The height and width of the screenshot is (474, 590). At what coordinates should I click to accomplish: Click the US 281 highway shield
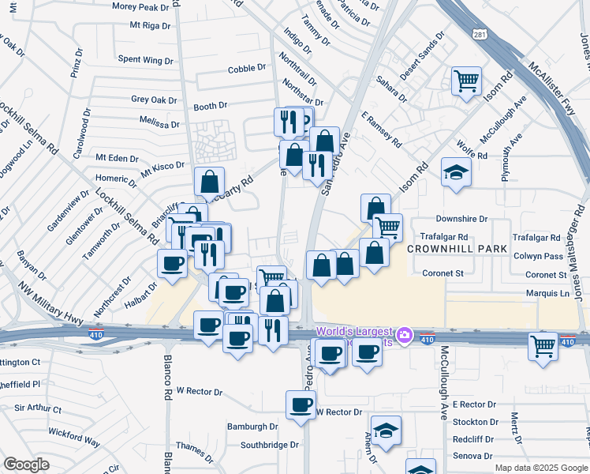[x=480, y=34]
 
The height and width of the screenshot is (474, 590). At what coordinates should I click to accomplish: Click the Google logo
[x=26, y=465]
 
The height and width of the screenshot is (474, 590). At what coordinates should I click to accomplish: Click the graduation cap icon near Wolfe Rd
[x=455, y=173]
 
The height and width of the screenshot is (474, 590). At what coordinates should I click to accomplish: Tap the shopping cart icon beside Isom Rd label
[x=466, y=80]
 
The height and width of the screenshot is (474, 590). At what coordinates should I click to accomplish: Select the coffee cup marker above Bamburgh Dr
[x=300, y=405]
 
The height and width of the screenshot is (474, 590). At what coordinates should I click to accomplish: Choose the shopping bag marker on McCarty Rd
[x=209, y=182]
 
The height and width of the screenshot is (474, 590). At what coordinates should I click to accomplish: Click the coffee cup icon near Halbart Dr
[x=172, y=264]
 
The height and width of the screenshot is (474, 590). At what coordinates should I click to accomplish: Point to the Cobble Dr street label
[x=245, y=70]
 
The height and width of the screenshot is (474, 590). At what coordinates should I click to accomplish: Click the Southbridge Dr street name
[x=269, y=445]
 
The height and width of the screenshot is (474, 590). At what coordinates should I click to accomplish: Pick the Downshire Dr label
[x=461, y=219]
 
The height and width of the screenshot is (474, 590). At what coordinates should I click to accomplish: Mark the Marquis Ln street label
[x=547, y=293]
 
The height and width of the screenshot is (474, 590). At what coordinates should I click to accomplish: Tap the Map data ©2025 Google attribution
[x=540, y=468]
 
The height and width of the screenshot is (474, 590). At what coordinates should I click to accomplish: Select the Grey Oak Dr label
[x=154, y=100]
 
